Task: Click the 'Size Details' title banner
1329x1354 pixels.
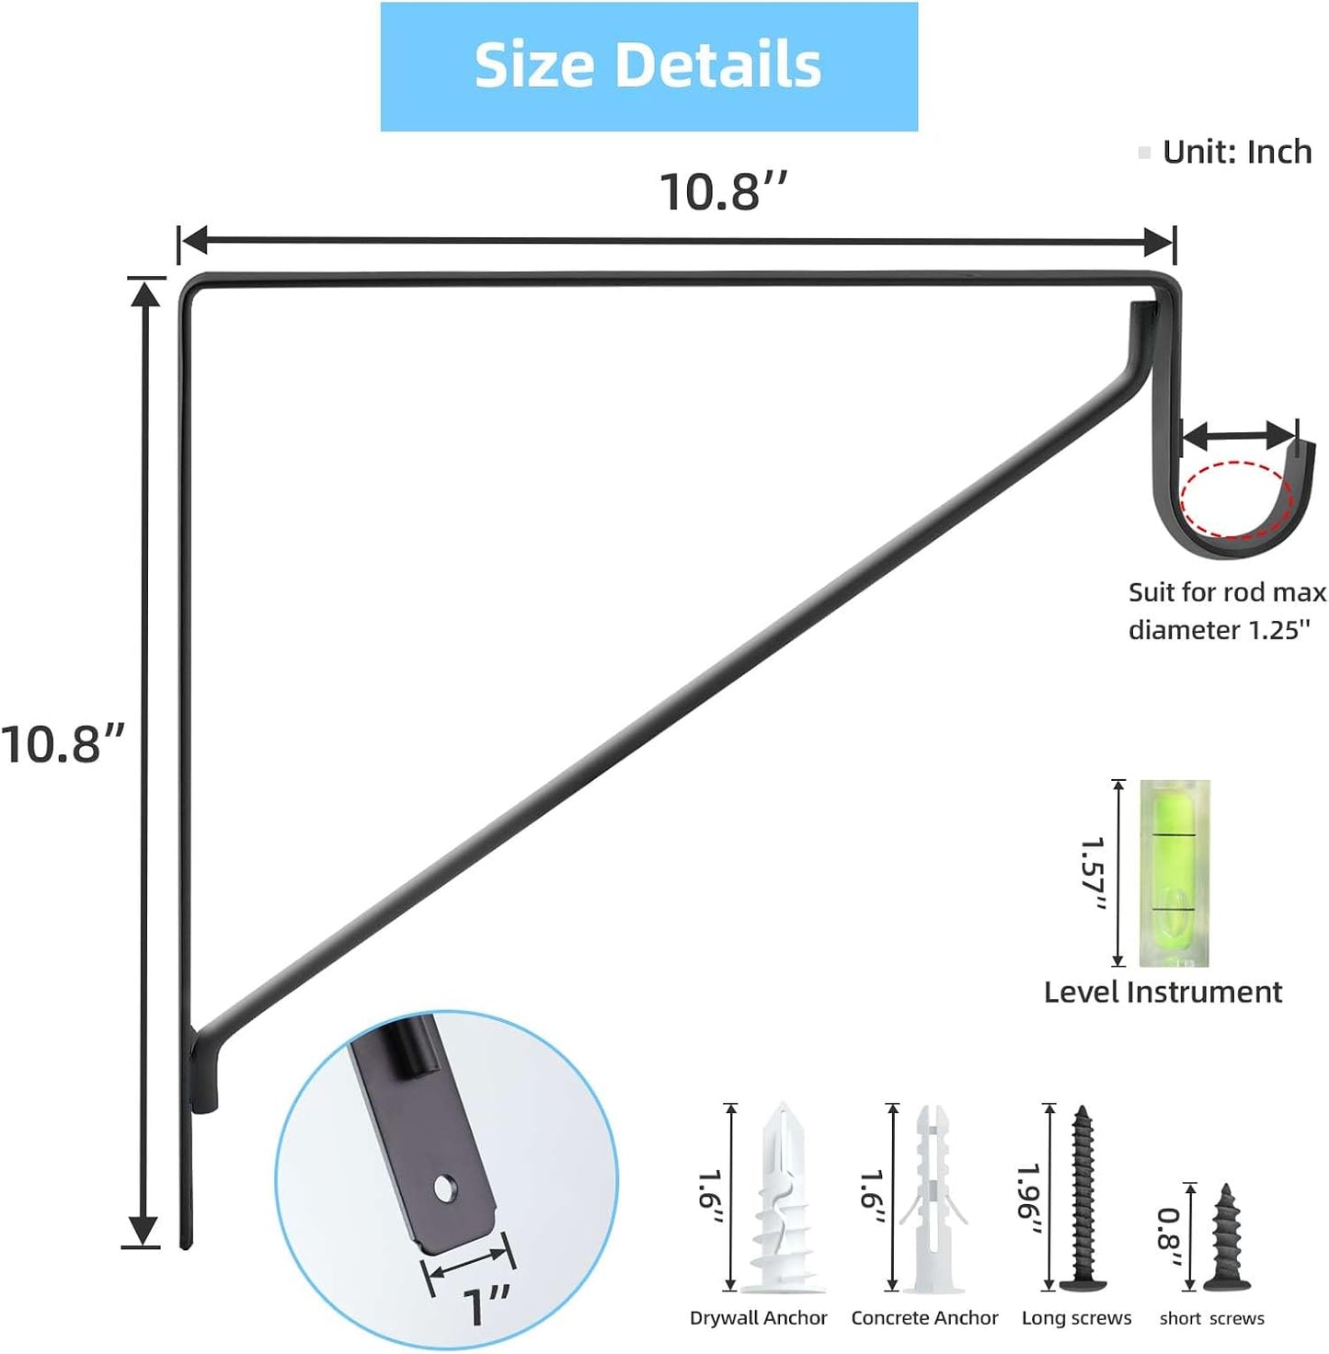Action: (x=648, y=67)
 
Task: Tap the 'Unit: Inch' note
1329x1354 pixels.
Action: (x=1236, y=152)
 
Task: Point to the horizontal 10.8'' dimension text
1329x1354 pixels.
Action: (x=723, y=191)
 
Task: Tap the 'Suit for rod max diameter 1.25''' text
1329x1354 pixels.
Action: (x=1226, y=611)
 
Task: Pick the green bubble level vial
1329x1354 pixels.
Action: (x=1174, y=874)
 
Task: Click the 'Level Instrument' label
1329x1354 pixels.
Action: (x=1163, y=993)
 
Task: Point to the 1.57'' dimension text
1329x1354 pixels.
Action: (x=1092, y=875)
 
